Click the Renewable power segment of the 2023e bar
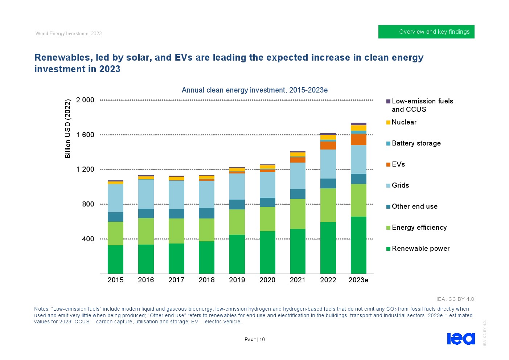pos(358,245)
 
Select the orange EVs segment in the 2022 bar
pos(328,146)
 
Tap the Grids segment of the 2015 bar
pos(115,198)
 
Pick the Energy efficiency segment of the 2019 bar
pos(237,222)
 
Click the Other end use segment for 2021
pos(297,194)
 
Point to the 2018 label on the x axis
pos(206,280)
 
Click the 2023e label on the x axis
pos(358,280)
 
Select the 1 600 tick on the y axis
pos(85,135)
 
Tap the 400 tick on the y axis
pos(88,239)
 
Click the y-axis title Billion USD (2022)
pos(67,128)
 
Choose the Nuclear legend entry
pos(404,122)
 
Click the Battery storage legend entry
pos(416,143)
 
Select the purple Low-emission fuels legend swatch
pos(388,101)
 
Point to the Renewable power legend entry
pos(420,249)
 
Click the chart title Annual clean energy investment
pos(254,90)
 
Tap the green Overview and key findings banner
pos(426,32)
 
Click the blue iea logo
pos(460,339)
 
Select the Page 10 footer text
pos(255,339)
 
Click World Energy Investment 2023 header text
pos(69,33)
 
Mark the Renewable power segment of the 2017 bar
pos(176,258)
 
